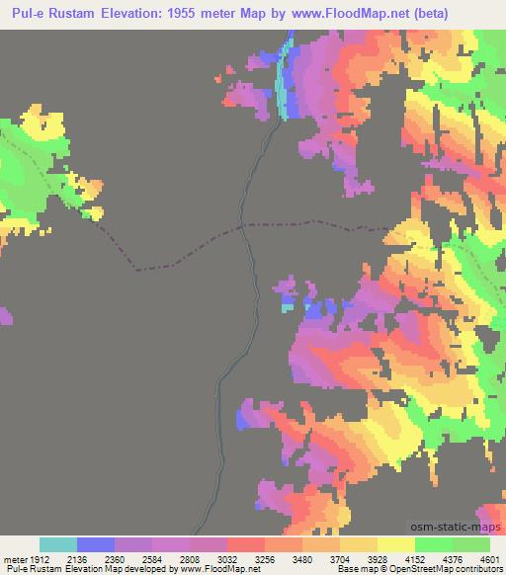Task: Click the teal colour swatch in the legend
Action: pos(57,544)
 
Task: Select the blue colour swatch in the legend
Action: pos(96,544)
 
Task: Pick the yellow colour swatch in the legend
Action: pos(395,544)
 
